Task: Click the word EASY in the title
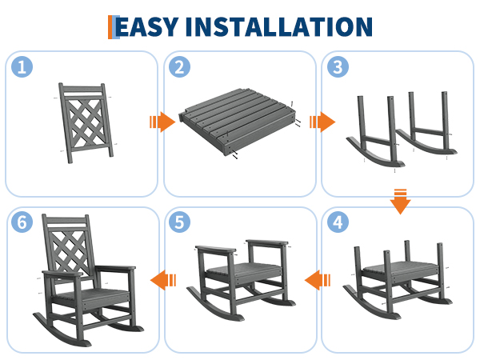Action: click(x=147, y=27)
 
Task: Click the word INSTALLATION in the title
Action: click(x=279, y=27)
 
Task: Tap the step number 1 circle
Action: click(x=22, y=66)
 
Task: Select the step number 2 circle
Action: click(x=180, y=66)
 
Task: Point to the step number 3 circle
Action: click(x=338, y=66)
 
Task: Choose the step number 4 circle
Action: click(x=338, y=222)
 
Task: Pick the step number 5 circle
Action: click(x=180, y=222)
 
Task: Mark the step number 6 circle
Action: click(x=22, y=222)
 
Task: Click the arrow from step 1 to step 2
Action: click(x=162, y=122)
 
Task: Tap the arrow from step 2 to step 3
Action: click(x=322, y=122)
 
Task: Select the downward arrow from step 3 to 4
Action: click(x=400, y=202)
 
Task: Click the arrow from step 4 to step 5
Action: click(x=318, y=280)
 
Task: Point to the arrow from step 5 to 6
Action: click(x=163, y=280)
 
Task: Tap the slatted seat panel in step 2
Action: click(x=238, y=121)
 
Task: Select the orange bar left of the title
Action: click(x=110, y=27)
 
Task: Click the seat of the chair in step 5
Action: click(x=244, y=271)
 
